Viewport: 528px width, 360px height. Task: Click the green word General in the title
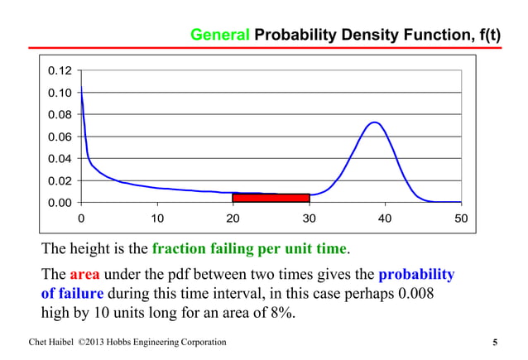(220, 36)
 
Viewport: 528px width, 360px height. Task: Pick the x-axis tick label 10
(156, 218)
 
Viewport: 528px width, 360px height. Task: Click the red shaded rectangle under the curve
(271, 199)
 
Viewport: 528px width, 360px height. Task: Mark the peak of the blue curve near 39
(374, 122)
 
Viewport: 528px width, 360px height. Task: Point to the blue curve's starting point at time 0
(81, 87)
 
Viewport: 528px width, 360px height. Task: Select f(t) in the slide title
(482, 36)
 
